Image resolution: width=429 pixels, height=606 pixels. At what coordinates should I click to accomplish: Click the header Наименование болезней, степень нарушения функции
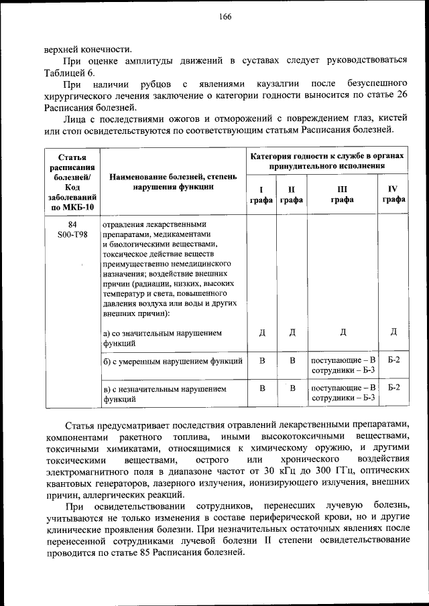click(173, 182)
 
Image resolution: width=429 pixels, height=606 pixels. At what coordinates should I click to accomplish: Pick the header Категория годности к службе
click(327, 159)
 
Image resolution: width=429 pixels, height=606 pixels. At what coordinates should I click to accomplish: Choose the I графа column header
click(261, 194)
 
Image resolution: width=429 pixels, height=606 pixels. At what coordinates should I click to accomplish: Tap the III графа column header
click(342, 194)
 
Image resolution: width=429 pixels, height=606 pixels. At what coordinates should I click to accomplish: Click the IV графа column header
click(393, 194)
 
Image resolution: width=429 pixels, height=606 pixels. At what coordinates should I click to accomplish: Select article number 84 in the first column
click(72, 225)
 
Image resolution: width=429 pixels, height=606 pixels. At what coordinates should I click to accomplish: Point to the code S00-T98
click(72, 235)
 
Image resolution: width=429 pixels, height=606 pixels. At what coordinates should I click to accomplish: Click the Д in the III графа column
click(343, 333)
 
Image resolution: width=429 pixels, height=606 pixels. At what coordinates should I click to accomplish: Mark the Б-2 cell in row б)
click(393, 361)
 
